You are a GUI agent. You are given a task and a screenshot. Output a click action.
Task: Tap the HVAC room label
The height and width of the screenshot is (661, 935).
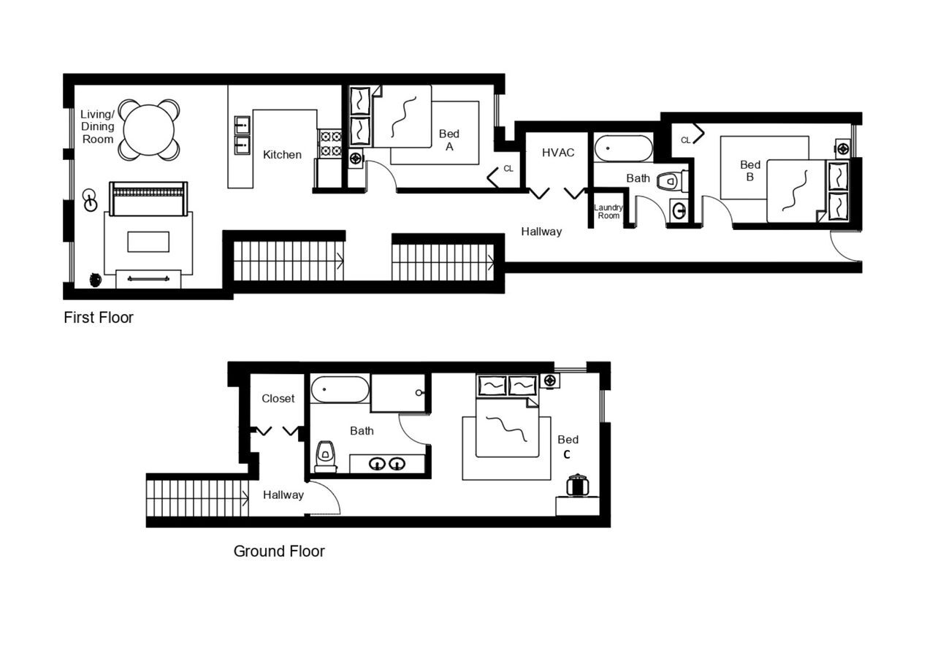[558, 153]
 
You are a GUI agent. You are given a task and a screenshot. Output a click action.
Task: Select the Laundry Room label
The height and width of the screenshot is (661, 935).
[608, 212]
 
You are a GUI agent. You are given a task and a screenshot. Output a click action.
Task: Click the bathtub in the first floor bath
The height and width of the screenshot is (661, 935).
[623, 148]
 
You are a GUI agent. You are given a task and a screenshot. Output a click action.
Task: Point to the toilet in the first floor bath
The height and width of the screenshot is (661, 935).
[670, 181]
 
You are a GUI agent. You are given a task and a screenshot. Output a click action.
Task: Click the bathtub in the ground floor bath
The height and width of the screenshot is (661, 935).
[340, 389]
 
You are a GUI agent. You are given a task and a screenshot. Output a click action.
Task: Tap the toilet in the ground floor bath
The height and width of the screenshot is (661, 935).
[325, 456]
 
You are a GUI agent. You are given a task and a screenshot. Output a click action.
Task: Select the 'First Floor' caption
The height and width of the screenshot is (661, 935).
[99, 318]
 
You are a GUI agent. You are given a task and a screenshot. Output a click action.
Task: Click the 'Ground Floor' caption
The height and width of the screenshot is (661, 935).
[279, 551]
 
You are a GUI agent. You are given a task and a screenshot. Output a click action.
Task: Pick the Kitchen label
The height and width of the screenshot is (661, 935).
[282, 155]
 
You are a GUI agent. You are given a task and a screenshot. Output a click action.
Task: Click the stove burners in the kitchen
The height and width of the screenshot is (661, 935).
[330, 143]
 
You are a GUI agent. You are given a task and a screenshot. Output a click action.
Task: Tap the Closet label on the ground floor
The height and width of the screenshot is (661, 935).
[278, 399]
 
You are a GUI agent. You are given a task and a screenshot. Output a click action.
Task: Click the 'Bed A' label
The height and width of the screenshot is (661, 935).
[449, 140]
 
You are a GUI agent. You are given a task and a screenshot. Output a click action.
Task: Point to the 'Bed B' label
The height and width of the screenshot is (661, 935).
[750, 171]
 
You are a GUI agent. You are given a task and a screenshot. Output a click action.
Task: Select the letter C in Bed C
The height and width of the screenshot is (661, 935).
[566, 454]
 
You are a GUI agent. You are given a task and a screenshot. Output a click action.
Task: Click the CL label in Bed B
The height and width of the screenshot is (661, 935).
[685, 140]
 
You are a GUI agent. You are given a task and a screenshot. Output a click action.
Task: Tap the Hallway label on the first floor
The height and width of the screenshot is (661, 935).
[541, 232]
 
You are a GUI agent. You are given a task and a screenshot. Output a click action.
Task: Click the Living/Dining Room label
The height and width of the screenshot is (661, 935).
[98, 126]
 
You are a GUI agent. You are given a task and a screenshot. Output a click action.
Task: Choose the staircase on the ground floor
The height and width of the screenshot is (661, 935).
[197, 498]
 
